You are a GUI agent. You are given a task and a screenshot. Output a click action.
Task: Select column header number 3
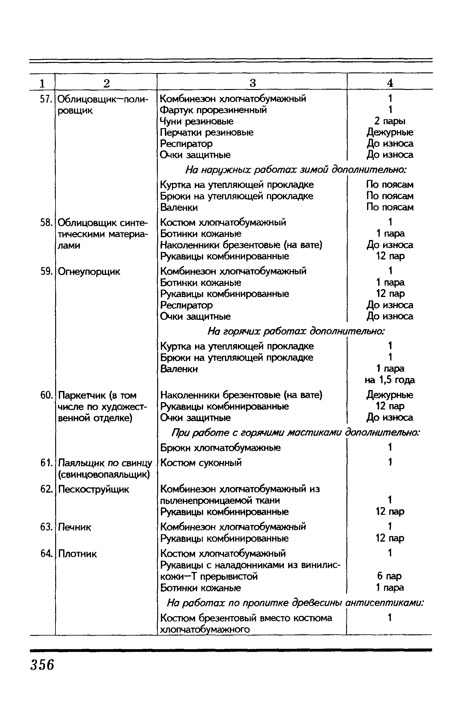pos(252,83)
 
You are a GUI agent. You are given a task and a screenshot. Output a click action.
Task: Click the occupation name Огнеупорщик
pos(89,271)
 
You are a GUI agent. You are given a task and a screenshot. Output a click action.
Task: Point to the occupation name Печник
pos(75,527)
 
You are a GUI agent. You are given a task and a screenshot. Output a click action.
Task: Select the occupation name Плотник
pos(77,554)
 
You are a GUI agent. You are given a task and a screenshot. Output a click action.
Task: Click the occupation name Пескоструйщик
pos(94,489)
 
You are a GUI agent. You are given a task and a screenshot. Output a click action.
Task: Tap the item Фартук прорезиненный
pos(214,110)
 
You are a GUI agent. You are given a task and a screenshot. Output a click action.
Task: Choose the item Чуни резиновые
pos(197,121)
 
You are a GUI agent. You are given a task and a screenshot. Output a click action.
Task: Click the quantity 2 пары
pos(390,121)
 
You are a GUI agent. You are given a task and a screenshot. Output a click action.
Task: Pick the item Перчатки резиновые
pos(207,132)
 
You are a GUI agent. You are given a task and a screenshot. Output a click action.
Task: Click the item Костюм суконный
pos(201,462)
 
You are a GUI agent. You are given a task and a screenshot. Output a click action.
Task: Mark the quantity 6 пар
pos(390,576)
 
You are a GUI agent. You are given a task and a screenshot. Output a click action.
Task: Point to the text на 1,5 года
pos(390,380)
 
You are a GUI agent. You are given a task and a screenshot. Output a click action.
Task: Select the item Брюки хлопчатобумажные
pos(221,447)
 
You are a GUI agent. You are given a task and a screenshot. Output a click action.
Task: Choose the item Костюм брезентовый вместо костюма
pos(246,618)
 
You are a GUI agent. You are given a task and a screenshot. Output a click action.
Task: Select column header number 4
pos(390,83)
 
